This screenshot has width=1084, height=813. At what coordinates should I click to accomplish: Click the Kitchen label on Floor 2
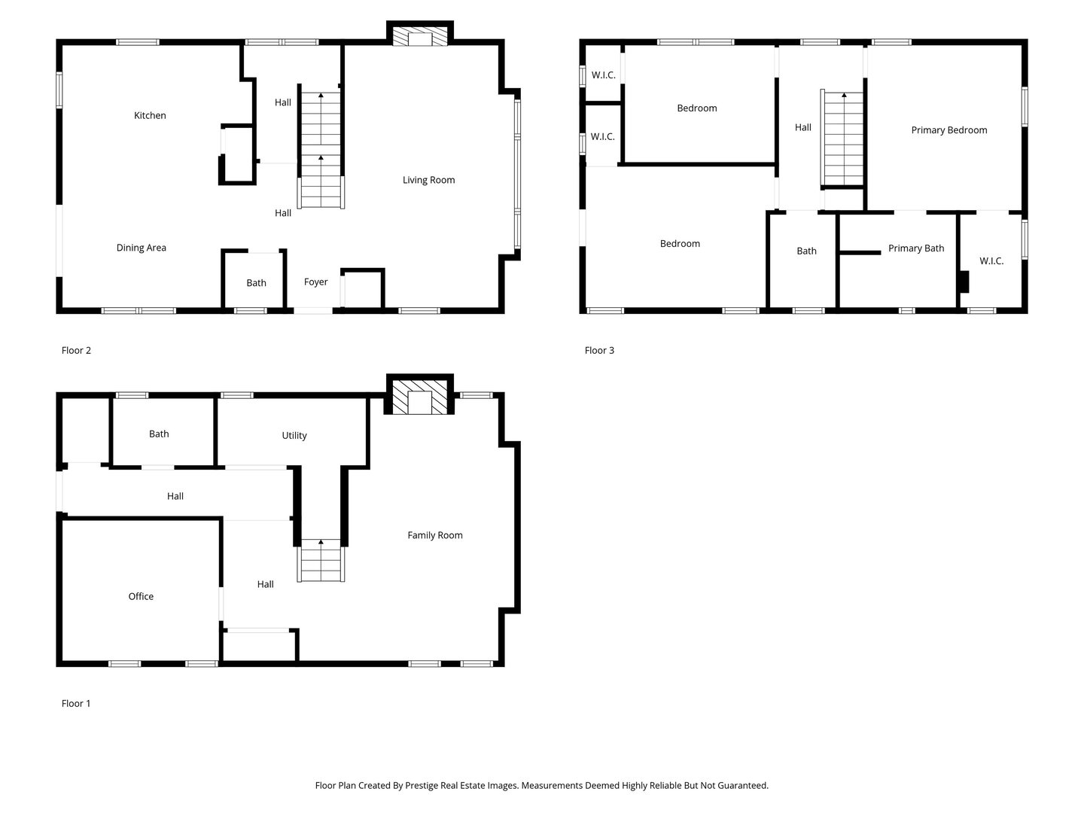pyautogui.click(x=150, y=115)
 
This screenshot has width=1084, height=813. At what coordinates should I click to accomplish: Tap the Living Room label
pyautogui.click(x=428, y=180)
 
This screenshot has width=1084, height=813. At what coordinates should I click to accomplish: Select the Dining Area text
pyautogui.click(x=142, y=248)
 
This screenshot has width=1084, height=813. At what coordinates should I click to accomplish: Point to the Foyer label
pyautogui.click(x=315, y=282)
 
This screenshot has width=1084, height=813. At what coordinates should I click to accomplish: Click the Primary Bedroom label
pyautogui.click(x=948, y=130)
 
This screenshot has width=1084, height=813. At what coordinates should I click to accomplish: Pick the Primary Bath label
pyautogui.click(x=915, y=248)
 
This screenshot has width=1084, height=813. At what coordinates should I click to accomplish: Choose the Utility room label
pyautogui.click(x=294, y=435)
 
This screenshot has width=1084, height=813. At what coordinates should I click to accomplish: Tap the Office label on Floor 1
pyautogui.click(x=141, y=596)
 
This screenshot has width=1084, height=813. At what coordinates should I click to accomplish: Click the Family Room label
pyautogui.click(x=434, y=535)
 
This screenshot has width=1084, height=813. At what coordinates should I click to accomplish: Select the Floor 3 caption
pyautogui.click(x=599, y=351)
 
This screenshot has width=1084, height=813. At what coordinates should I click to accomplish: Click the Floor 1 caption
pyautogui.click(x=75, y=703)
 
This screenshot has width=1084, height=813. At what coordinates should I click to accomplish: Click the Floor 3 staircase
pyautogui.click(x=842, y=139)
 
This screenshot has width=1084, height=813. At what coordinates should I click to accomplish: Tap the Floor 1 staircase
pyautogui.click(x=321, y=560)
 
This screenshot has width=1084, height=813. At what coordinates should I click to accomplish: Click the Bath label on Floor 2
pyautogui.click(x=256, y=283)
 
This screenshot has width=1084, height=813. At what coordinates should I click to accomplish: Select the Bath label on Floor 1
pyautogui.click(x=159, y=434)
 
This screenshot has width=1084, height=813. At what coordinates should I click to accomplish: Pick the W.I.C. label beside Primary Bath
pyautogui.click(x=991, y=261)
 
